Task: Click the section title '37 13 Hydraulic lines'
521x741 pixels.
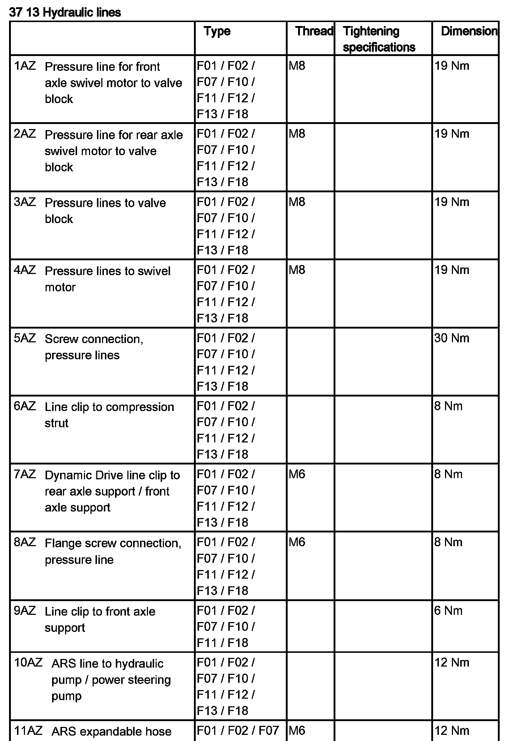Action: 65,13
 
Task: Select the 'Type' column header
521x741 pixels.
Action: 217,31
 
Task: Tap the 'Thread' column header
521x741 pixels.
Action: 314,31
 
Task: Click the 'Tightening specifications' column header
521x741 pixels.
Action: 379,39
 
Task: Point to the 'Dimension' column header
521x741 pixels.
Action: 469,31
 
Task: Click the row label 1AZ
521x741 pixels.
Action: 25,66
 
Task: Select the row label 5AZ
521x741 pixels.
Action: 25,338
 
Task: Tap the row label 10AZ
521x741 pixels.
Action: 28,663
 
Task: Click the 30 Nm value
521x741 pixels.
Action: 452,338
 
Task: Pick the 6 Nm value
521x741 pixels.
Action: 448,611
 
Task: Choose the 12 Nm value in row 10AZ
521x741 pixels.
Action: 452,663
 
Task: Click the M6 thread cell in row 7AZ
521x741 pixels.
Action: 297,474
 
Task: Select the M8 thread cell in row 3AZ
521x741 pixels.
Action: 297,202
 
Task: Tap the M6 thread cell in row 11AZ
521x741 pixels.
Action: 297,731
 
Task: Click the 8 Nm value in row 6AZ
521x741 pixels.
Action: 448,406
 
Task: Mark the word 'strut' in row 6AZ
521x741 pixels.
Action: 56,423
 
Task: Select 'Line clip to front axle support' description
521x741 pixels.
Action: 100,619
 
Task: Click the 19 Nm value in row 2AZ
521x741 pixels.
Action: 452,134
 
